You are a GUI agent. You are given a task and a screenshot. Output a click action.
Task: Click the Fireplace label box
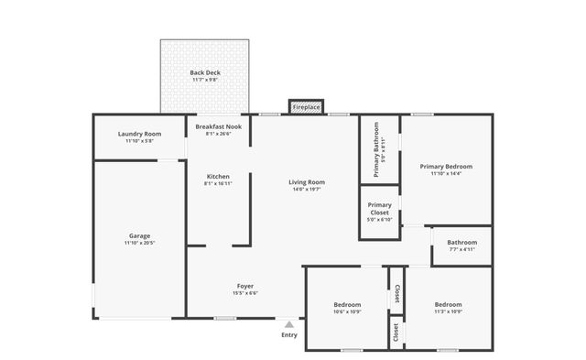(306, 107)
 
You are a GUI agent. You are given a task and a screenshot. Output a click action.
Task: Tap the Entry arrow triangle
(289, 323)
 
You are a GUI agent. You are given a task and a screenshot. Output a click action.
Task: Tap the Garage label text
(139, 235)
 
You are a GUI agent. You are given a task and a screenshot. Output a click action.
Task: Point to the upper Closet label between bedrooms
(396, 293)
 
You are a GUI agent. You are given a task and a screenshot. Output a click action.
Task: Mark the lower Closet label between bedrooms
(396, 332)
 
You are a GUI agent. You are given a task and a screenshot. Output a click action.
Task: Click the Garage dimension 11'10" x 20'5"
(139, 244)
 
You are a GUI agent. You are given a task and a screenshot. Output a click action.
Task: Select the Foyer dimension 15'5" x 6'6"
(245, 294)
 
